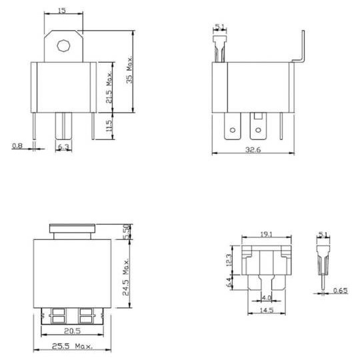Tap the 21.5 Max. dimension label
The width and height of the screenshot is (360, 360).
pyautogui.click(x=109, y=87)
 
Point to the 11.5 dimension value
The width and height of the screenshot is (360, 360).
pyautogui.click(x=109, y=125)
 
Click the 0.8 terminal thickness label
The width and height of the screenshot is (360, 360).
pyautogui.click(x=17, y=145)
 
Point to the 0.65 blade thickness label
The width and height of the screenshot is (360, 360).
pyautogui.click(x=341, y=291)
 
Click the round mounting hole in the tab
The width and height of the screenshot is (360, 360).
pyautogui.click(x=64, y=46)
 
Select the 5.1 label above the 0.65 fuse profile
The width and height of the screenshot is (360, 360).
pyautogui.click(x=324, y=235)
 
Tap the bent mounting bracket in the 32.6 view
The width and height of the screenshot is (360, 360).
pyautogui.click(x=302, y=50)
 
